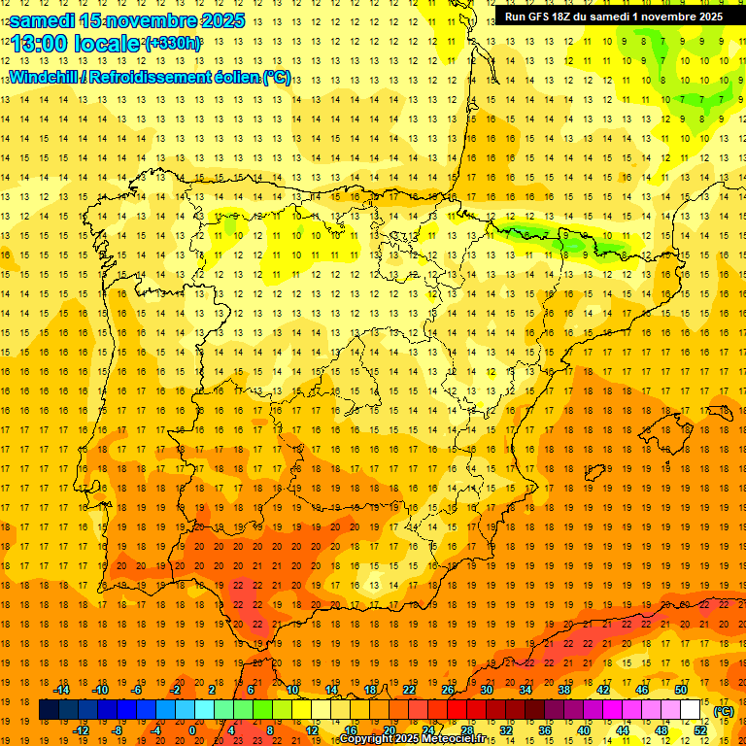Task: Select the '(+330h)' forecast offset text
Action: pos(173,44)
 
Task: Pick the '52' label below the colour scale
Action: pos(701,729)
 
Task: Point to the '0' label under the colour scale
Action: pos(191,729)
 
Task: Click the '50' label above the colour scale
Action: pos(680,690)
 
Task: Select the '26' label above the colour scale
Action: pos(448,690)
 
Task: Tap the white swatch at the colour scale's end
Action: pos(691,710)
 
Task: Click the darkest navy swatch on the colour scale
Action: pos(49,710)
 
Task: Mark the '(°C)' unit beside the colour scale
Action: pos(724,711)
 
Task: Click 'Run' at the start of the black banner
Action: pos(515,17)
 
